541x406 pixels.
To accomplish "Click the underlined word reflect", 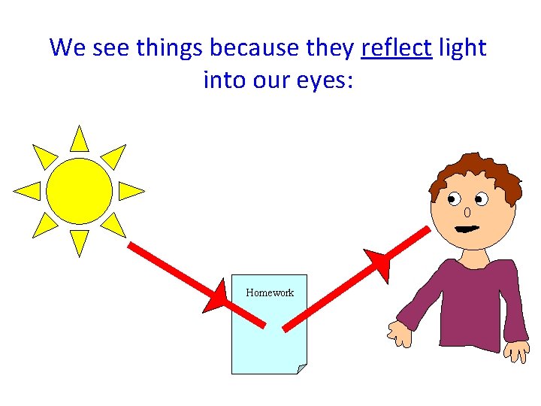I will tap(397, 48).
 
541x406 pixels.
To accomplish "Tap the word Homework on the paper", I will tap(270, 292).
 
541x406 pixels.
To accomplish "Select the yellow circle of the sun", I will tap(79, 190).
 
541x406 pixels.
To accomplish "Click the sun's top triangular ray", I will tap(79, 140).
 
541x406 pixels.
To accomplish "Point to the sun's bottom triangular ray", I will tap(79, 241).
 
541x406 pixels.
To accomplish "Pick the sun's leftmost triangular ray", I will tap(29, 191).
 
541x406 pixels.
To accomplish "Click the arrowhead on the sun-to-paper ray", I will tap(216, 295).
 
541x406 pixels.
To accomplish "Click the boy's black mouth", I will tap(468, 228).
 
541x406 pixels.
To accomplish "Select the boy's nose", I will tap(467, 213).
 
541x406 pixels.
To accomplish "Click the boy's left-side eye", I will tap(455, 200).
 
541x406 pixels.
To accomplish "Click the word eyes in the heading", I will tap(316, 79).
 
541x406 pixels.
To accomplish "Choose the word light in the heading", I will tap(463, 48).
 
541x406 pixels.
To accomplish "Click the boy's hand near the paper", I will tap(398, 333).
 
